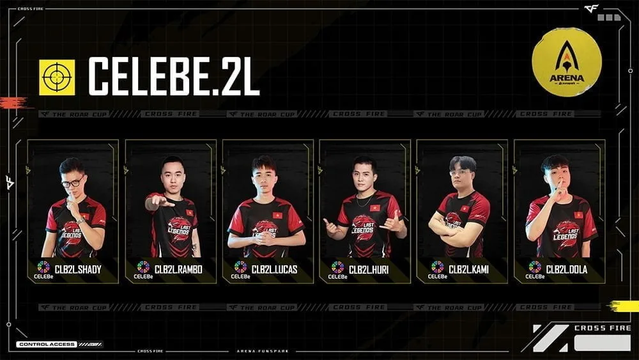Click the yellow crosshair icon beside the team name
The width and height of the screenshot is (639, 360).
57,77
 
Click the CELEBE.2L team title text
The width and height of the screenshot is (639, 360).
173,77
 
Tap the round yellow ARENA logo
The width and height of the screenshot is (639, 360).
566,62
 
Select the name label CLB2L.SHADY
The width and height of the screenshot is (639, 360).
78,269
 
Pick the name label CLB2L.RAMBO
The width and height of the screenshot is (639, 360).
178,269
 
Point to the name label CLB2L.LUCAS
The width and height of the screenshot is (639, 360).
274,269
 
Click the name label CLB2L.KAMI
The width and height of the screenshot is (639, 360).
468,269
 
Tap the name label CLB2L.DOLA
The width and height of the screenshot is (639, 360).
567,269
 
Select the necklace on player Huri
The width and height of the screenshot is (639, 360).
364,201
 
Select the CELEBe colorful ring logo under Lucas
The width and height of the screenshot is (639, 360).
240,267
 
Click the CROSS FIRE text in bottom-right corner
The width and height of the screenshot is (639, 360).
602,328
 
